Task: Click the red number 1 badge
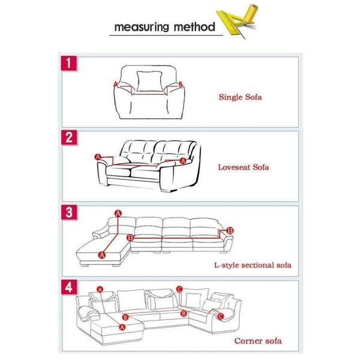tap(70, 62)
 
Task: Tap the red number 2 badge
tap(70, 137)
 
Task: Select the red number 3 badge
tap(70, 212)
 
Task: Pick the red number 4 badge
tap(70, 287)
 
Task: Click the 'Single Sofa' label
tap(240, 96)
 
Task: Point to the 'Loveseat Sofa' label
tap(244, 167)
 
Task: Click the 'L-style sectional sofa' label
tap(253, 265)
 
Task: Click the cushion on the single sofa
tap(145, 80)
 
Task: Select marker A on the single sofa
tap(116, 85)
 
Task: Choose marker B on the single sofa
tap(178, 85)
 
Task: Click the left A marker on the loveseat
tap(98, 156)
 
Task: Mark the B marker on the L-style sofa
tap(230, 230)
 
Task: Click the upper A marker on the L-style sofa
tap(118, 214)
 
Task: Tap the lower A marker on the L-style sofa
tap(101, 255)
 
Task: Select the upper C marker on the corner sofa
tap(179, 289)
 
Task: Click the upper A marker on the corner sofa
tap(100, 289)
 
